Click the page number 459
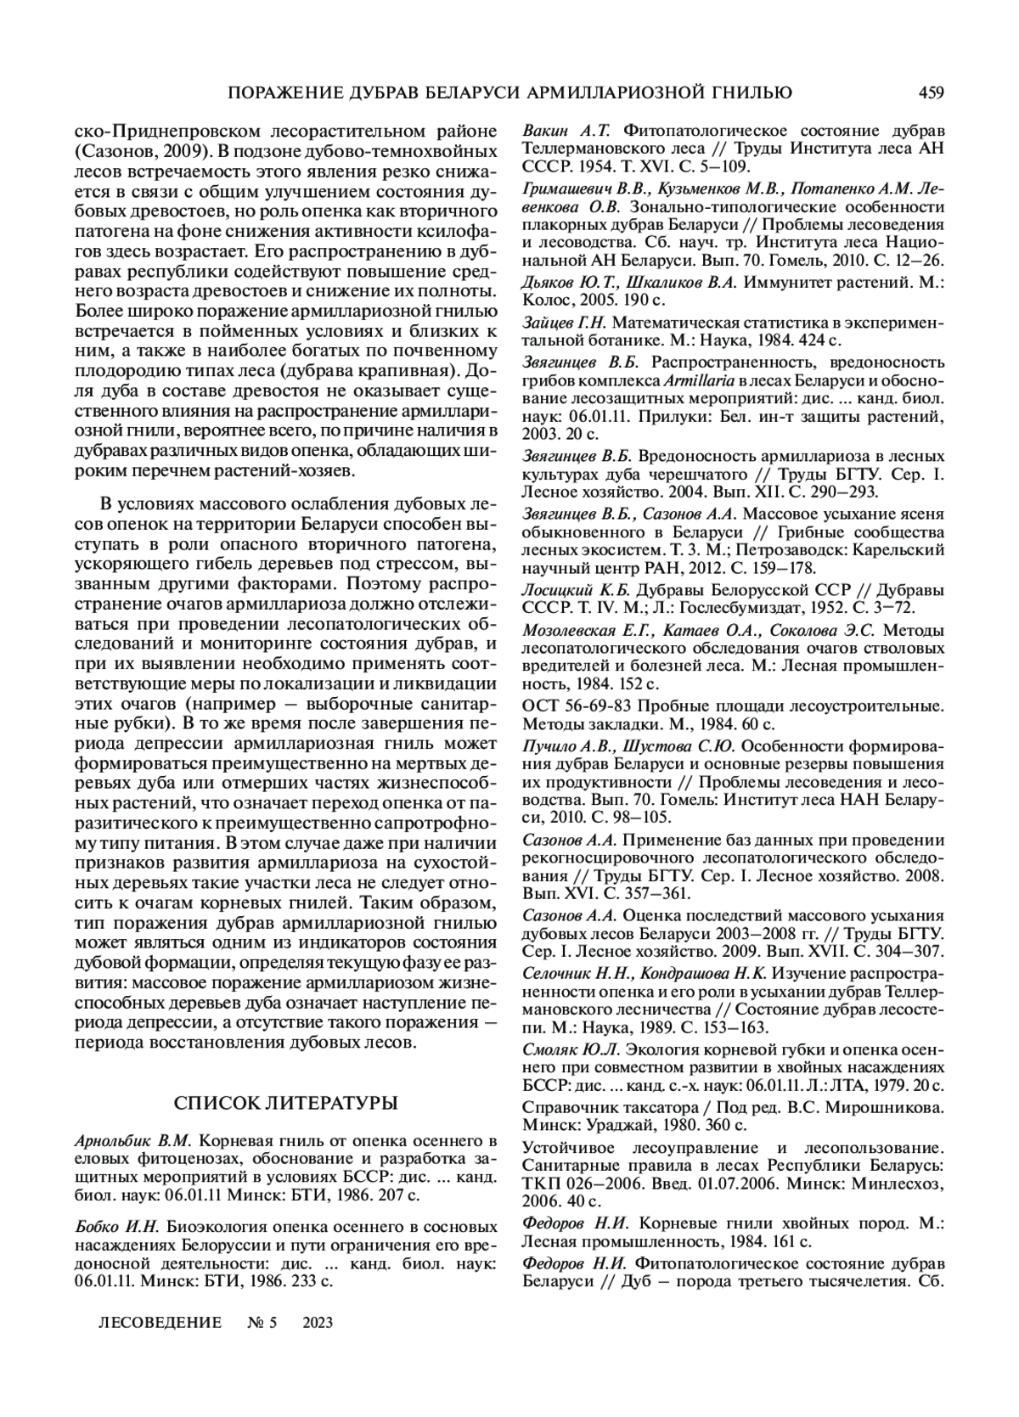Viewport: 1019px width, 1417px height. (x=930, y=93)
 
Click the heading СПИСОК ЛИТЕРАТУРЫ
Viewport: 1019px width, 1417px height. (x=285, y=1103)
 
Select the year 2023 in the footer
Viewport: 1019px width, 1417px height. (x=317, y=1323)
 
